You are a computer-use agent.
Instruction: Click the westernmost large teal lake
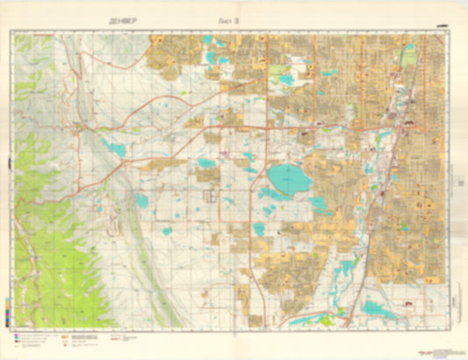point(113,148)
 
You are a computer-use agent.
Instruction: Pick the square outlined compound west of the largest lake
point(211,195)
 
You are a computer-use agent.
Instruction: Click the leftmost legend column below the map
point(35,338)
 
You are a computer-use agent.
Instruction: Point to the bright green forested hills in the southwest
point(53,246)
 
